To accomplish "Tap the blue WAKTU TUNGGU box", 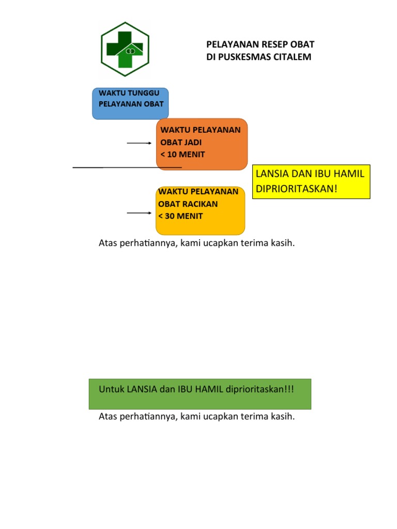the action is (x=130, y=103).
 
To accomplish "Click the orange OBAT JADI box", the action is (x=202, y=144).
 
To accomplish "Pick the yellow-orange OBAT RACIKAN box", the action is (x=200, y=210).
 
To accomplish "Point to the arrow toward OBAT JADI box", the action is (x=139, y=143).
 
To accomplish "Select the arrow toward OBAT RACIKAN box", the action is (x=139, y=213).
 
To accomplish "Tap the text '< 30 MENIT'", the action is (x=180, y=216).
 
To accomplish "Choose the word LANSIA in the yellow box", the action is (x=273, y=174).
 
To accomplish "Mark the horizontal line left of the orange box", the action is (x=127, y=167).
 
